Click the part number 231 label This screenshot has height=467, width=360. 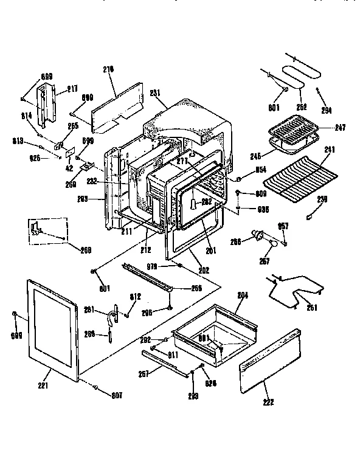click(154, 92)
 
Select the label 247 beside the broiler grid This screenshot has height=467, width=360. click(340, 128)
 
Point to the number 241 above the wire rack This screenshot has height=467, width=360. click(329, 149)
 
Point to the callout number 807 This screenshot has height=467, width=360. click(117, 395)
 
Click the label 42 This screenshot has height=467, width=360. click(69, 168)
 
